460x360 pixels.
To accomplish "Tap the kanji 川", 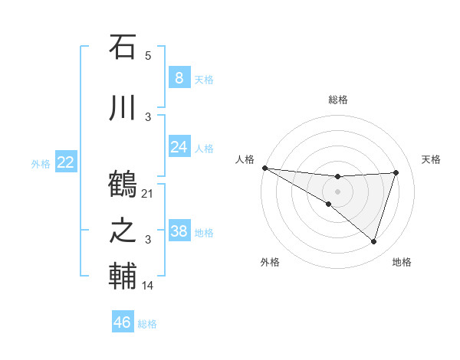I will pyautogui.click(x=123, y=108).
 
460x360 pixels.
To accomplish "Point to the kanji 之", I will pyautogui.click(x=123, y=231).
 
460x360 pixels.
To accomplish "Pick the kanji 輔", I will pyautogui.click(x=123, y=277).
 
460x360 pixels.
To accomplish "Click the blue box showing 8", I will pyautogui.click(x=179, y=78).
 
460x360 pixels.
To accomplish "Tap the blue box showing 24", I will pyautogui.click(x=179, y=147).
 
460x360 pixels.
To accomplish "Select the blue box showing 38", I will pyautogui.click(x=179, y=231).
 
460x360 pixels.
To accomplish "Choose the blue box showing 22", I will pyautogui.click(x=65, y=162).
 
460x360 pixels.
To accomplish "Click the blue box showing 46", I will pyautogui.click(x=123, y=322).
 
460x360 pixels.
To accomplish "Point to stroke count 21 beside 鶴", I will pyautogui.click(x=148, y=194).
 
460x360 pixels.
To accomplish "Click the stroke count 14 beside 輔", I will pyautogui.click(x=148, y=286).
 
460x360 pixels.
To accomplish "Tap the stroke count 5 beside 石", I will pyautogui.click(x=148, y=56).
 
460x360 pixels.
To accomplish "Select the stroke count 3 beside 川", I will pyautogui.click(x=148, y=117).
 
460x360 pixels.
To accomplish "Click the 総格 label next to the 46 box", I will pyautogui.click(x=147, y=324).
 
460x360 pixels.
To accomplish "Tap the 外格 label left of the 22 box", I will pyautogui.click(x=41, y=163).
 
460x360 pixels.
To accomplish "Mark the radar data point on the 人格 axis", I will pyautogui.click(x=264, y=167).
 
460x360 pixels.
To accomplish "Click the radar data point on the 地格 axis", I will pyautogui.click(x=374, y=241).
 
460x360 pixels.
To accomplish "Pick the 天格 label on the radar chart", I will pyautogui.click(x=432, y=159).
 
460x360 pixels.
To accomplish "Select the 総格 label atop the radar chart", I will pyautogui.click(x=337, y=100).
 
